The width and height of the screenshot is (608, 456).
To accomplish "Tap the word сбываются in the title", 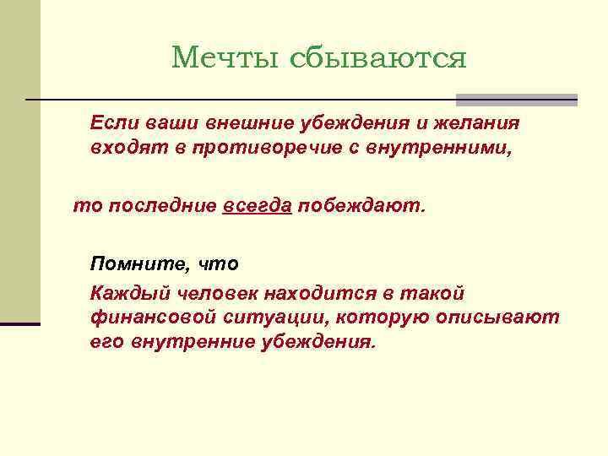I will pos(378,57).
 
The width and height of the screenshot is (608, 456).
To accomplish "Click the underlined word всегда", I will pos(258,205).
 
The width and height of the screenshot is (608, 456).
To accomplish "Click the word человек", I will pos(217,293).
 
